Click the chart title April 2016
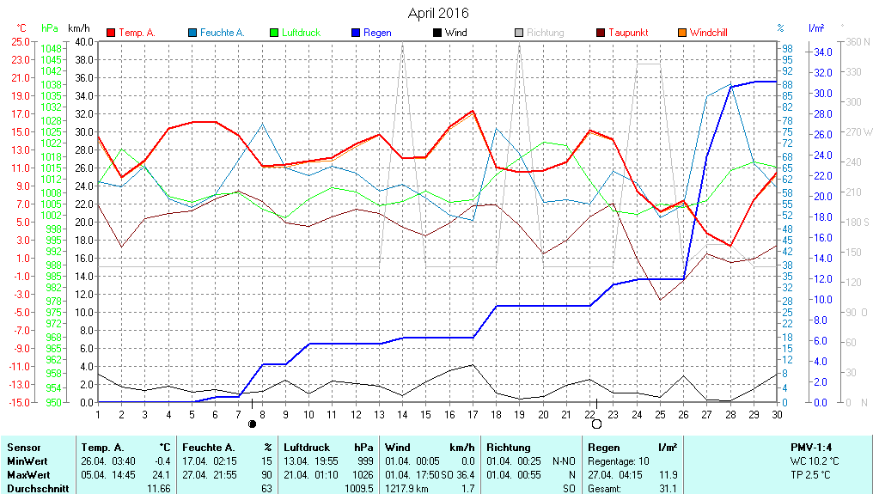tap(438, 13)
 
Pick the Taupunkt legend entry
tap(628, 33)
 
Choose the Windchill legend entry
tap(708, 33)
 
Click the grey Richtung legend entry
tap(545, 33)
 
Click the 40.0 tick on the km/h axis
tap(83, 41)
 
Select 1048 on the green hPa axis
tap(51, 49)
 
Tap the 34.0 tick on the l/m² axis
tap(822, 52)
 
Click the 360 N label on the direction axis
tap(858, 41)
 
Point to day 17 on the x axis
tap(473, 414)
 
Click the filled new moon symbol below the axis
tap(252, 424)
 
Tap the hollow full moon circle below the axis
tap(596, 424)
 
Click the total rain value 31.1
tap(668, 488)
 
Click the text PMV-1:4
tap(811, 448)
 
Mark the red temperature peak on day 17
tap(473, 110)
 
